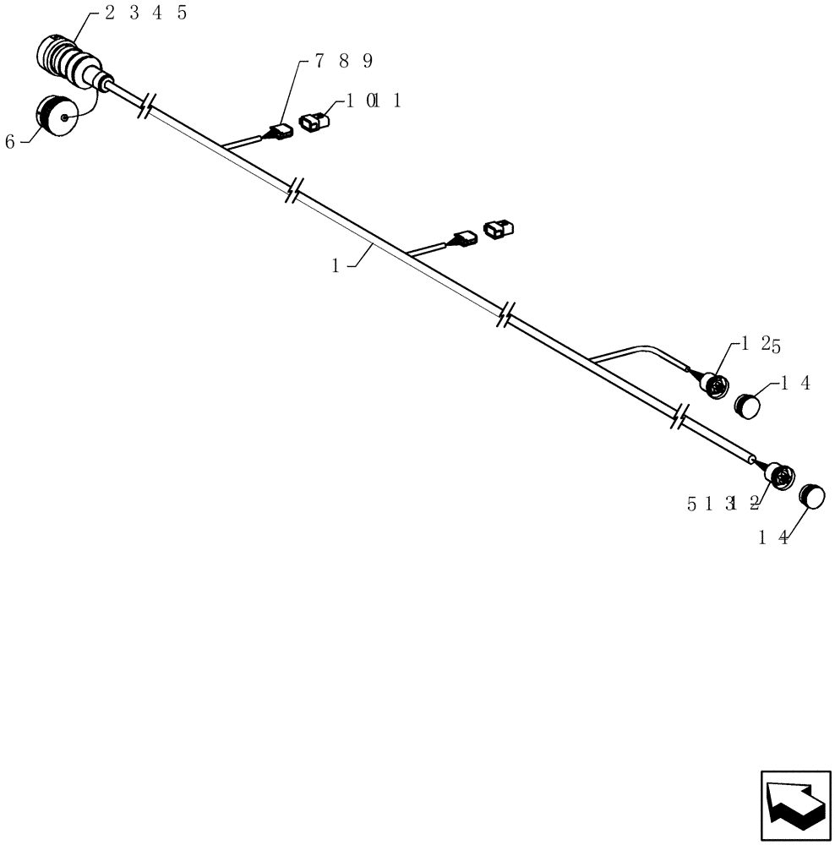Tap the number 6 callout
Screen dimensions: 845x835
pos(10,141)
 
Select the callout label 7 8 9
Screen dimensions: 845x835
pos(343,61)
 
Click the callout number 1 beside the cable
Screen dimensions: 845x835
pos(336,265)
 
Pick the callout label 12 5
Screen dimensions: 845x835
pos(761,343)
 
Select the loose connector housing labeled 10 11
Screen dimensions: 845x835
pos(314,123)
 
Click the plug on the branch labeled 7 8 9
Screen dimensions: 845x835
pos(278,132)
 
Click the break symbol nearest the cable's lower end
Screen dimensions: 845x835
pos(680,415)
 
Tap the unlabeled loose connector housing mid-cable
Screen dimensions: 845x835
pos(498,228)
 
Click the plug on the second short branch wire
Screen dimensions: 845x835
pos(463,239)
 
